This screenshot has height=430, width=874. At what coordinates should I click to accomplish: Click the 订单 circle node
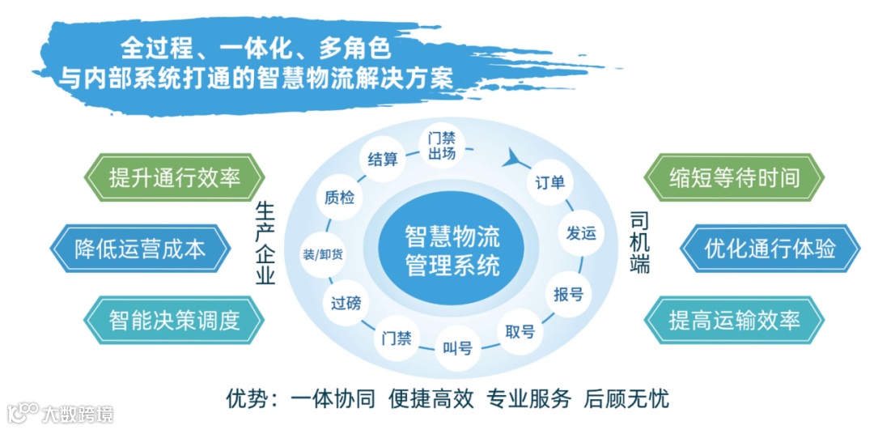pos(550,182)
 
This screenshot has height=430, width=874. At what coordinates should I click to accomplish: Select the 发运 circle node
pos(581,233)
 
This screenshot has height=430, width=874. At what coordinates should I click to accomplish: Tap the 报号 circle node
pos(568,293)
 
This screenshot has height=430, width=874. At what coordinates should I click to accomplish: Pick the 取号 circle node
pos(520,332)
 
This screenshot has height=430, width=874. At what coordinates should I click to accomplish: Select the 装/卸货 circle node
pos(322,253)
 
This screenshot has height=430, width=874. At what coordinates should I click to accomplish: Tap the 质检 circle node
pos(338,197)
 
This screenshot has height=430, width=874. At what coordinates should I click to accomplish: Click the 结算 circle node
pos(382,159)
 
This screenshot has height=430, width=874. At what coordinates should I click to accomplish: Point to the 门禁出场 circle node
pos(442,146)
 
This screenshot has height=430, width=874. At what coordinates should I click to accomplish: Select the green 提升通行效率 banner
pos(175,177)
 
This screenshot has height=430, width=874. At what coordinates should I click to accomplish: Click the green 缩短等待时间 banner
pos(734,177)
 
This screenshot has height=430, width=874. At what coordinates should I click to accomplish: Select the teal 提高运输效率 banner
pos(734,319)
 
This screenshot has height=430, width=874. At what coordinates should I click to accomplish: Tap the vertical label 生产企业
pos(265,243)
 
